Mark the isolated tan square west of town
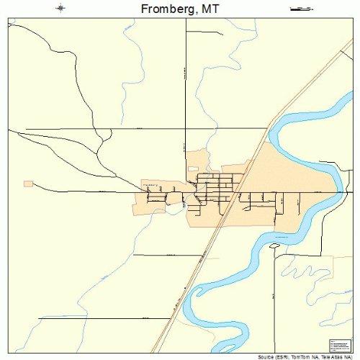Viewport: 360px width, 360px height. pyautogui.click(x=28, y=184)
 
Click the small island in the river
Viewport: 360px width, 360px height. pyautogui.click(x=274, y=246)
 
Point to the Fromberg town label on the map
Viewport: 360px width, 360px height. pyautogui.click(x=151, y=184)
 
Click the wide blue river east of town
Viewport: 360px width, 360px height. pyautogui.click(x=302, y=216)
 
